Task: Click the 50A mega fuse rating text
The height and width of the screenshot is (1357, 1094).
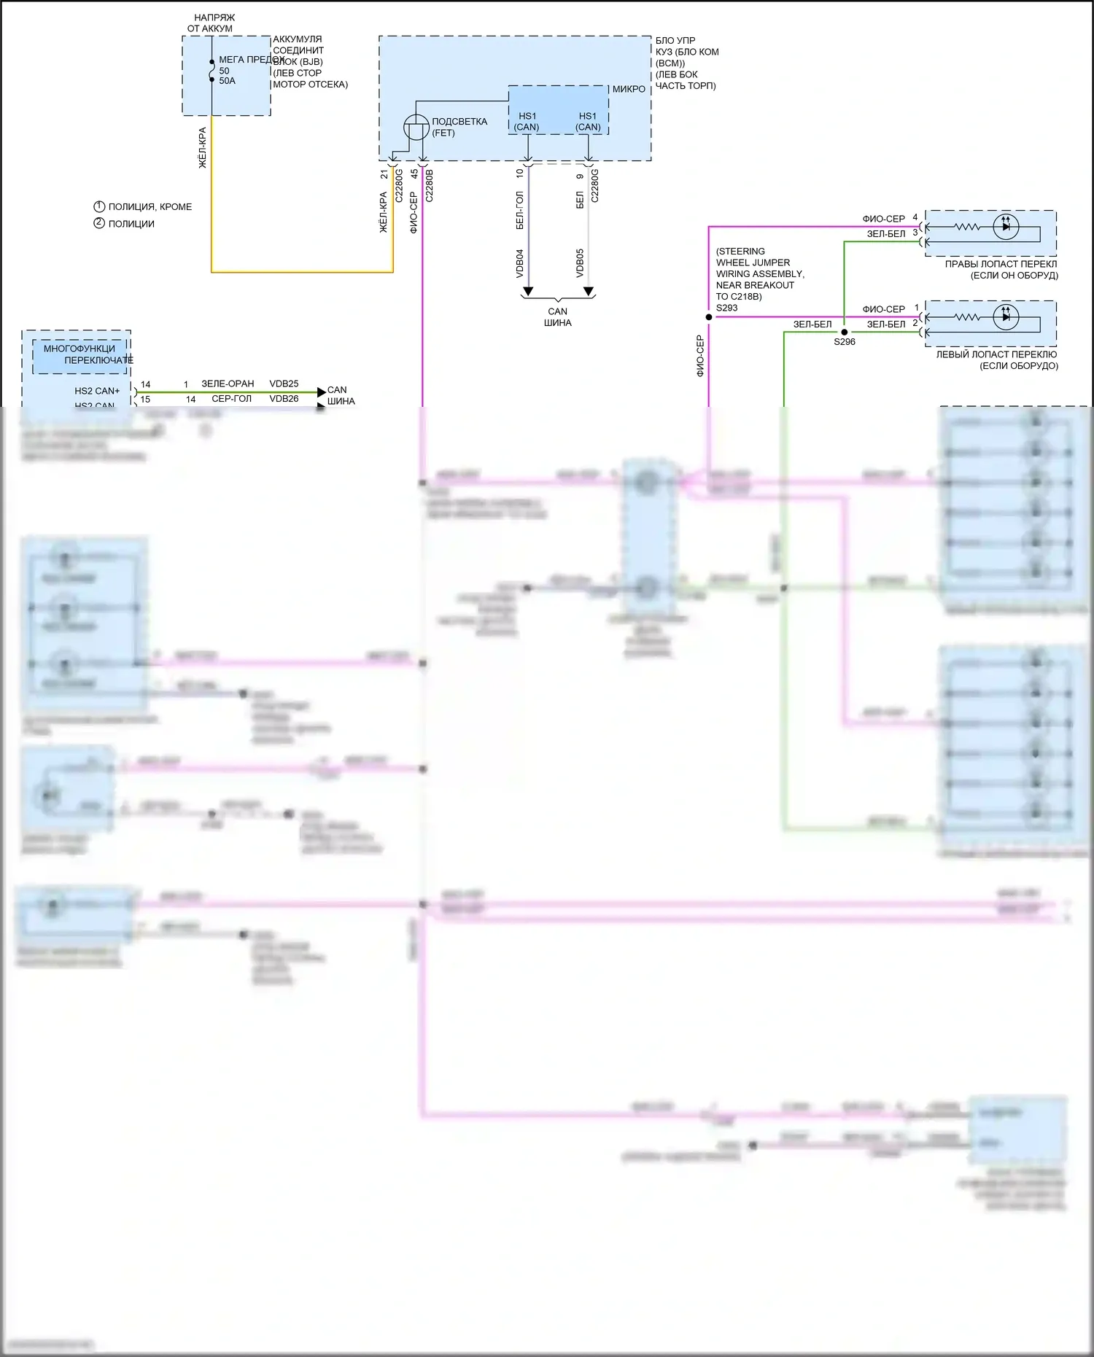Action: (227, 81)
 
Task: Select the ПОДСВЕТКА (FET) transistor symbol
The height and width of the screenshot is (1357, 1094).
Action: (416, 128)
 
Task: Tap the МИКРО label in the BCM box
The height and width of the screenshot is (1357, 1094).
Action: (629, 89)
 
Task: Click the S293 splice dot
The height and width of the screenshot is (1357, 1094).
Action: (709, 317)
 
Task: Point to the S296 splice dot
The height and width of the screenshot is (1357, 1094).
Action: (845, 332)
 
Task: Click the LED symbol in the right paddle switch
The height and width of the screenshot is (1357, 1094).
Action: (1006, 227)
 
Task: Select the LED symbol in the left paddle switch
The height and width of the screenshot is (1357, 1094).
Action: (1006, 316)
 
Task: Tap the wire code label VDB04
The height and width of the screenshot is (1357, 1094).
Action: (520, 263)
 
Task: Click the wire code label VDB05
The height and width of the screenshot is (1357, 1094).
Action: (580, 263)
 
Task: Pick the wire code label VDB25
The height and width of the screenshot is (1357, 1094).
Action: (284, 384)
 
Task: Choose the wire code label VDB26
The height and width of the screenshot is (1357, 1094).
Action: (284, 399)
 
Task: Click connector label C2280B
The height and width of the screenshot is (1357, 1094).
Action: (430, 186)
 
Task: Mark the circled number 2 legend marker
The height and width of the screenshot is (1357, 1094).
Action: (99, 223)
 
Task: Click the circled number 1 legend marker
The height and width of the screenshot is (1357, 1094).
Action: (99, 206)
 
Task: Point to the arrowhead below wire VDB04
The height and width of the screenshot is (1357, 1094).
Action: (528, 292)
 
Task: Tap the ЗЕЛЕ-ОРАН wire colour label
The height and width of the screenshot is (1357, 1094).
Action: (228, 384)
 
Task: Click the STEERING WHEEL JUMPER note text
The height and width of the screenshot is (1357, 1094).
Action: (759, 273)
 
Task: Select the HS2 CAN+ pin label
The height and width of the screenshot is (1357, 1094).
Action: (97, 391)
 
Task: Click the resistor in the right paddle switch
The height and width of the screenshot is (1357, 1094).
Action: (967, 227)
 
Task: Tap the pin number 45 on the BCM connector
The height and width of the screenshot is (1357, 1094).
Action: (414, 174)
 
